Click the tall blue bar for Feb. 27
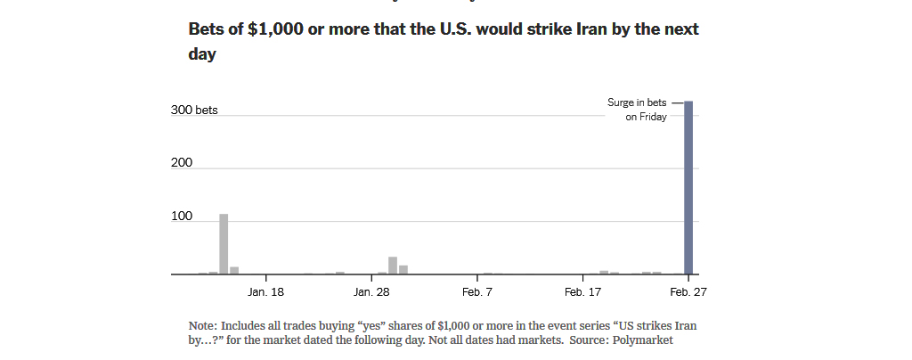pyautogui.click(x=688, y=187)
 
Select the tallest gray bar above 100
pyautogui.click(x=224, y=243)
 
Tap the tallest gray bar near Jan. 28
pyautogui.click(x=393, y=266)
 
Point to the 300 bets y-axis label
pyautogui.click(x=194, y=110)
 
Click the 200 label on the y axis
pyautogui.click(x=182, y=163)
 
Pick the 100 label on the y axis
pyautogui.click(x=182, y=217)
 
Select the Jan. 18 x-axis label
pyautogui.click(x=265, y=292)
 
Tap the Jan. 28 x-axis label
pyautogui.click(x=371, y=292)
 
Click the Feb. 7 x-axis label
pyautogui.click(x=477, y=292)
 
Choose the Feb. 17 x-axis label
pyautogui.click(x=582, y=292)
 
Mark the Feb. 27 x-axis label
pyautogui.click(x=688, y=292)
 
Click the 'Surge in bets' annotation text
pyautogui.click(x=637, y=102)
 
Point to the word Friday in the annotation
pyautogui.click(x=653, y=117)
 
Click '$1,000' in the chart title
pyautogui.click(x=275, y=29)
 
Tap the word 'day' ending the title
pyautogui.click(x=202, y=54)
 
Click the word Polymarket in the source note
pyautogui.click(x=642, y=340)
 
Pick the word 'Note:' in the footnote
pyautogui.click(x=203, y=325)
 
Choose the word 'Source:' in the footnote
pyautogui.click(x=589, y=340)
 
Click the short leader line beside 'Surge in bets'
pyautogui.click(x=678, y=103)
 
